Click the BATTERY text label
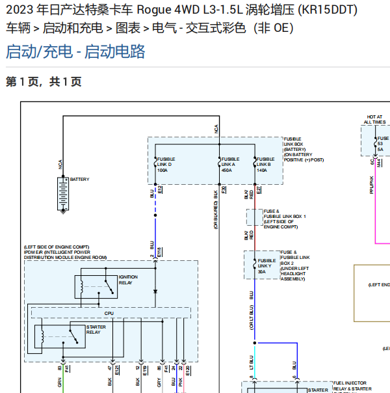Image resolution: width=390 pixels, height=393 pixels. pos(79,180)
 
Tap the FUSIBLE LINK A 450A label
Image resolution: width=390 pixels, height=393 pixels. pos(229,165)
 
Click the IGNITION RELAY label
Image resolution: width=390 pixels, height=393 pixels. pos(128,280)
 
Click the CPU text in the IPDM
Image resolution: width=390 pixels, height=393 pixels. pos(109,314)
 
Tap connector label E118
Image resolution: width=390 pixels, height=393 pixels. pos(159,251)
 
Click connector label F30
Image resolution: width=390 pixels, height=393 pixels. pos(224,190)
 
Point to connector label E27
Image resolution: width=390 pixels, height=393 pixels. pos(259,190)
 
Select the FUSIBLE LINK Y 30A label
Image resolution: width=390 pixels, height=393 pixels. pos(266,266)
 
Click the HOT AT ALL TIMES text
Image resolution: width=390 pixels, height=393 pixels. pos(374,119)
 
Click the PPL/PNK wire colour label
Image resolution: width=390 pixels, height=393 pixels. pos(372,185)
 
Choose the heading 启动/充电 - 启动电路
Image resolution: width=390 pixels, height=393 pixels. pos(75,52)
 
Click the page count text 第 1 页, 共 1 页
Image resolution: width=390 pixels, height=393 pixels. pos(44,82)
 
